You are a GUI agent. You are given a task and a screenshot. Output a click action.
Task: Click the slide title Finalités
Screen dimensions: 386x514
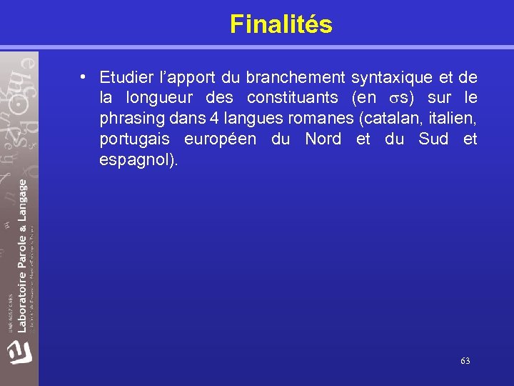[x=281, y=24]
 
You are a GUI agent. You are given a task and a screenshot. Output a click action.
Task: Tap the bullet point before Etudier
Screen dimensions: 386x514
[x=84, y=76]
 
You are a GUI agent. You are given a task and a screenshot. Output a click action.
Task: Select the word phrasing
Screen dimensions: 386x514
[x=131, y=119]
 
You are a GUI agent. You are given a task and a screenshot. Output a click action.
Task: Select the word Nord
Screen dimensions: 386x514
[x=323, y=139]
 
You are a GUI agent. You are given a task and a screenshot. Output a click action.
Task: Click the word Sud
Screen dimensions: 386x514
[x=433, y=139]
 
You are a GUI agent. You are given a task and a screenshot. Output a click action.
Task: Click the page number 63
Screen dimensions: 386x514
[x=465, y=361]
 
